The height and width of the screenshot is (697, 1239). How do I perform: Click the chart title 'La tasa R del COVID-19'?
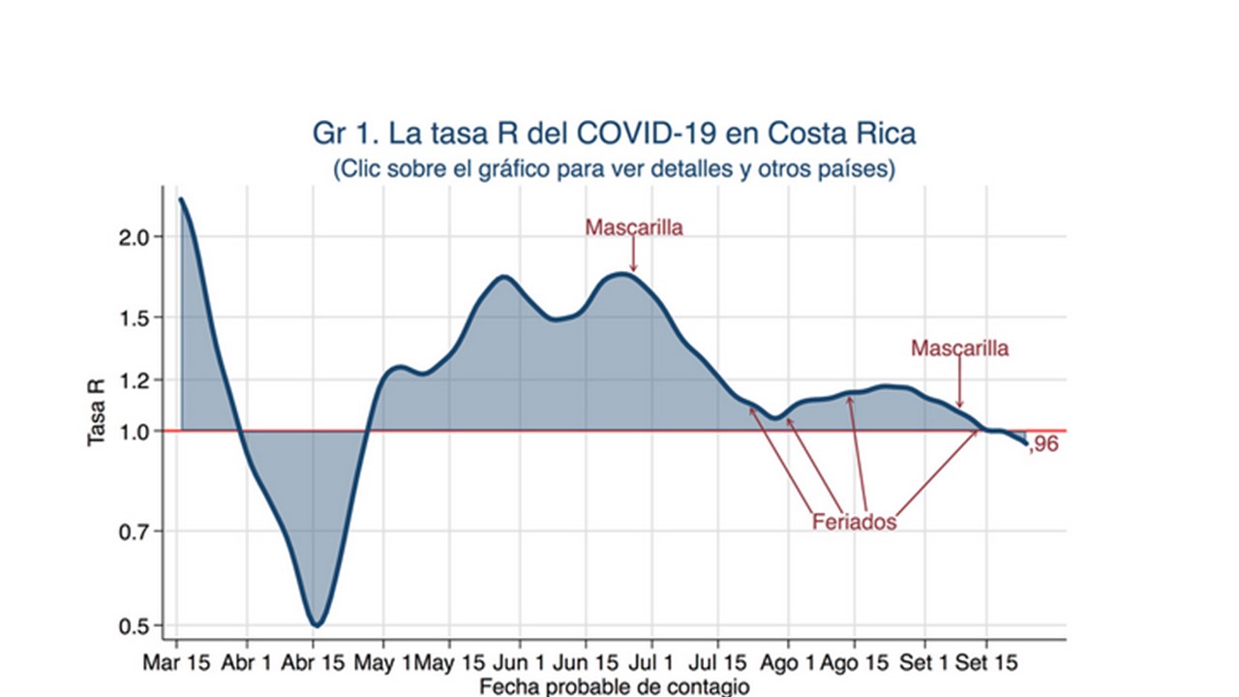point(614,134)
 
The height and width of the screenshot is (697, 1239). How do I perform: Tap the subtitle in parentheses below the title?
point(614,168)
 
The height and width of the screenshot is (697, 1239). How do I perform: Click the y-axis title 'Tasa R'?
point(98,411)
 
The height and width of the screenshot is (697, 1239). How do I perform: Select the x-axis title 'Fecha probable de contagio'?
point(614,687)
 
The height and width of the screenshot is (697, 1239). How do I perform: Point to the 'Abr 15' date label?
point(313,666)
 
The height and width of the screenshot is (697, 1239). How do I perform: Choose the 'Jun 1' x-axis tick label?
point(520,666)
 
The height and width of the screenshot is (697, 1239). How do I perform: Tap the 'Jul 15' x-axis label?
point(718,666)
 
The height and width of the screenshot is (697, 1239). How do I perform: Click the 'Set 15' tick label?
point(987,666)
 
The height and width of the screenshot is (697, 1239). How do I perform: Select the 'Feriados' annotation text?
point(854,522)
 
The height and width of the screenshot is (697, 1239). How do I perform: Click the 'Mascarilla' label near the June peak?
point(634,228)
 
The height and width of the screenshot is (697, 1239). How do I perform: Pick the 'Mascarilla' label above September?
point(959,348)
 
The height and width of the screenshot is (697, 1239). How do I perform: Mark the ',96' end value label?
point(1043,446)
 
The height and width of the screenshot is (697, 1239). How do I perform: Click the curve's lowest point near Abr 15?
point(316,625)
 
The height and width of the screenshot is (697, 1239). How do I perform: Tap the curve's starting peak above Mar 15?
point(181,199)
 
